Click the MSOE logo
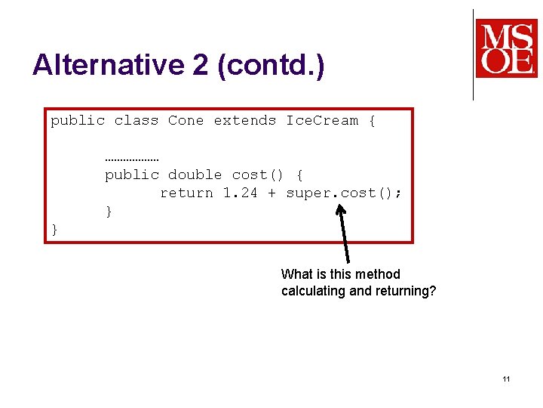click(506, 48)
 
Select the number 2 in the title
click(200, 66)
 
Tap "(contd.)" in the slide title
click(271, 66)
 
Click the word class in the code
click(137, 121)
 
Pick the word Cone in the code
click(186, 121)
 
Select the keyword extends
click(245, 121)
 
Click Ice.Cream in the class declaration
click(322, 121)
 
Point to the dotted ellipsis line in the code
click(132, 159)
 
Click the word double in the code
click(195, 175)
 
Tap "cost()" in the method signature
click(257, 175)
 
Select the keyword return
click(186, 193)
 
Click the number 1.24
click(240, 193)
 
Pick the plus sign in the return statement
click(271, 193)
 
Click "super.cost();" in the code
click(344, 193)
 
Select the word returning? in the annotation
click(406, 291)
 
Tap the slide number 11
click(506, 379)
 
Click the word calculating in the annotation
click(312, 291)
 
